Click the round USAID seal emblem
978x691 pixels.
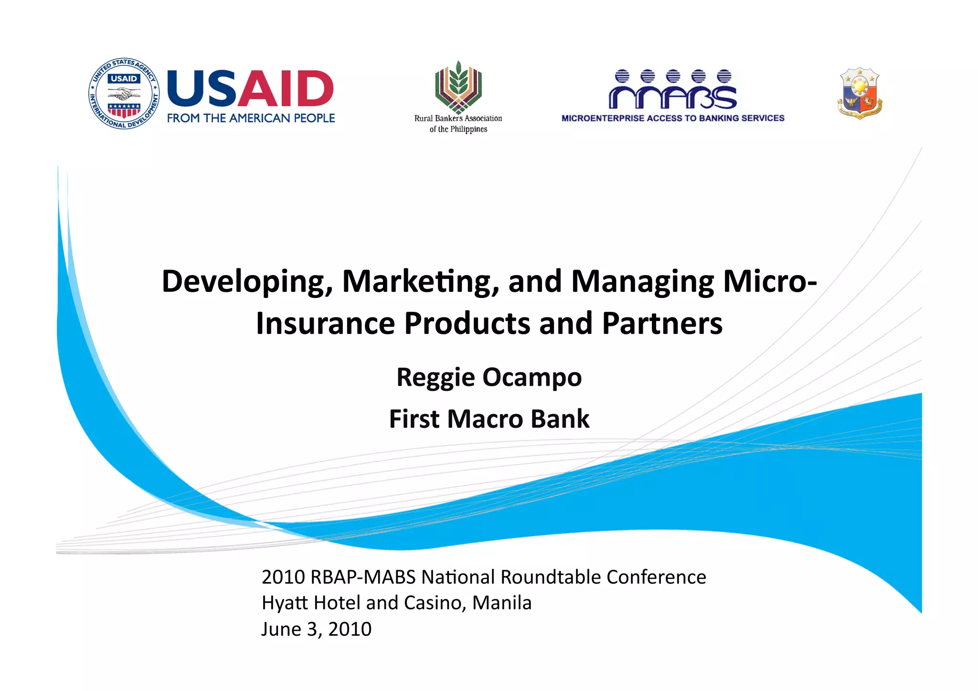coord(124,94)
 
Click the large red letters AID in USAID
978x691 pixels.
coord(286,89)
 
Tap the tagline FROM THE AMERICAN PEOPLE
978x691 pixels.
coord(251,118)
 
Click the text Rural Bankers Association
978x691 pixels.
coord(458,118)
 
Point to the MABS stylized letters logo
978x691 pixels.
coord(672,90)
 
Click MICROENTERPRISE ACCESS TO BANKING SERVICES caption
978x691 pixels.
coord(672,118)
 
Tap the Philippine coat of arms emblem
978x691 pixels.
coord(860,93)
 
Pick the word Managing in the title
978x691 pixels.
coord(642,282)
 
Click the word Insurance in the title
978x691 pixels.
coord(325,323)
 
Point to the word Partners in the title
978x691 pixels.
coord(662,323)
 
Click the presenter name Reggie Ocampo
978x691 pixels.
coord(489,377)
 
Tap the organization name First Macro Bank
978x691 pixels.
coord(489,419)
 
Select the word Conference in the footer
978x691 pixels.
coord(656,577)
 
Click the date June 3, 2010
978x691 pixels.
coord(316,629)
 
